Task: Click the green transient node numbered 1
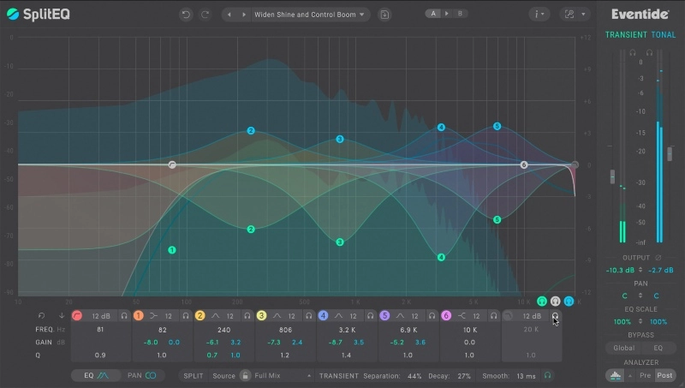(x=172, y=250)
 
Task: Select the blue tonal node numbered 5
(x=497, y=127)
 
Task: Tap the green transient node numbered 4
(x=441, y=257)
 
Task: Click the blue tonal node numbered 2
(x=251, y=131)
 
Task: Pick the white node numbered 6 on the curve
(x=524, y=164)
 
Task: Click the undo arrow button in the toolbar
(x=186, y=15)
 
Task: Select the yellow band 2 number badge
(x=200, y=316)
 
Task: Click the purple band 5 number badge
(x=384, y=316)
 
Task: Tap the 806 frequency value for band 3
(x=286, y=330)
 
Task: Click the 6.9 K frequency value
(x=408, y=330)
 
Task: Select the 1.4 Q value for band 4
(x=347, y=355)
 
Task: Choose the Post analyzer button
(x=664, y=375)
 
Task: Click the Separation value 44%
(x=415, y=375)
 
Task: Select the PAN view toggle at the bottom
(x=141, y=375)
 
